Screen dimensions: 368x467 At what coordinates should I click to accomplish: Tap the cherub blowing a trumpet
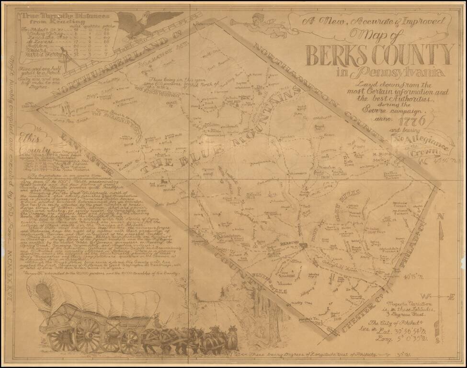[x=259, y=25]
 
